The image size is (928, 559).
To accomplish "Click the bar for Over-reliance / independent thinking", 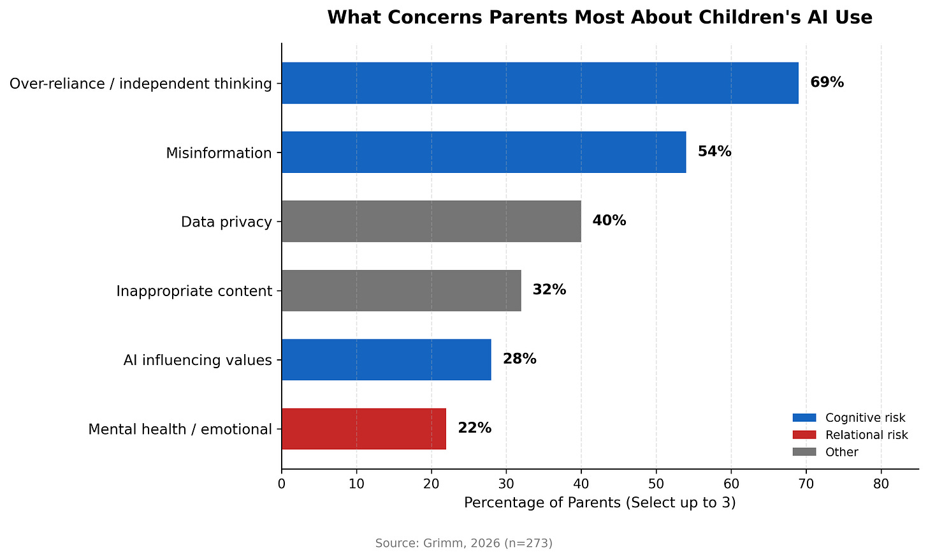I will click(539, 83).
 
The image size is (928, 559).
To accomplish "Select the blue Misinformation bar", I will click(483, 152).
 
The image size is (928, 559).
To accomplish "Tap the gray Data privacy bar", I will click(431, 221).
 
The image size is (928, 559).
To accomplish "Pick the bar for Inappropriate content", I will click(401, 290).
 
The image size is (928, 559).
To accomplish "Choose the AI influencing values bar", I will click(386, 359).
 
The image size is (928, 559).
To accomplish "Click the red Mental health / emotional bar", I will click(363, 428).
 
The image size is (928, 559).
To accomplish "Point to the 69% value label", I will click(827, 82).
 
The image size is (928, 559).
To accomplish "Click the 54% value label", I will click(714, 152).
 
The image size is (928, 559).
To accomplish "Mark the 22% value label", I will click(474, 428).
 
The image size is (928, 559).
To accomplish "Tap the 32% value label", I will click(549, 290).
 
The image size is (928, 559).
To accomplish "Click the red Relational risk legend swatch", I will click(804, 435).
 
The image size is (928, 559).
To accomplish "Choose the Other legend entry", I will click(841, 452).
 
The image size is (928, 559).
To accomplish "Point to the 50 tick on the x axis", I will click(656, 484).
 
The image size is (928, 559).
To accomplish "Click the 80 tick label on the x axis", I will click(881, 484).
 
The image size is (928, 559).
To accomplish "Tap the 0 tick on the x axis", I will click(282, 484).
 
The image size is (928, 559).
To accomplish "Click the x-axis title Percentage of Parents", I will click(599, 503).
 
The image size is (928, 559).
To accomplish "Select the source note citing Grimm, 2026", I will click(463, 543).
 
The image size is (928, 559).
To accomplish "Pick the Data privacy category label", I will click(226, 222).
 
